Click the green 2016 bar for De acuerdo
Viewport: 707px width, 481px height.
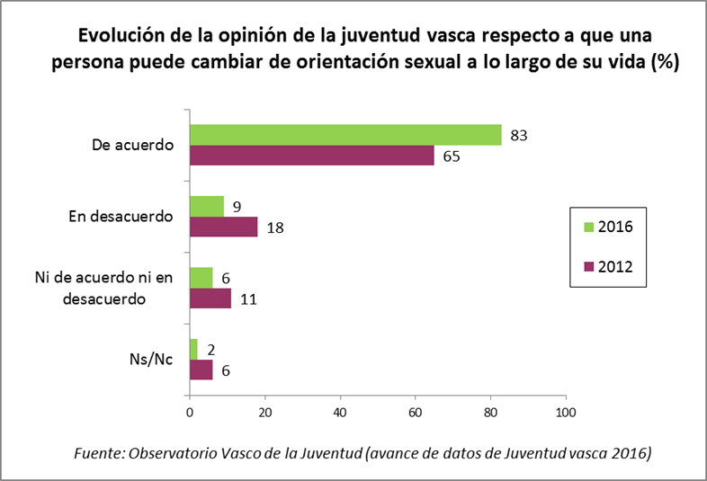tap(345, 134)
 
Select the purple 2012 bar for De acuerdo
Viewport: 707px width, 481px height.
tap(312, 155)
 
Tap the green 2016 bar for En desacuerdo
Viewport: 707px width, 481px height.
tap(206, 206)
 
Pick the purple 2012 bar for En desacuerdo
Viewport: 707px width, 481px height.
tap(223, 227)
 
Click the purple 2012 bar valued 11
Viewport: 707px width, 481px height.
tap(210, 298)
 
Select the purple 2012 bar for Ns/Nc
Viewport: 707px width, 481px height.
tap(201, 370)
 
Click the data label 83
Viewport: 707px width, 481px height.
tap(517, 136)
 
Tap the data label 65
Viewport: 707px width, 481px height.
tap(451, 156)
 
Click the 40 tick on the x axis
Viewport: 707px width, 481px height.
tap(340, 413)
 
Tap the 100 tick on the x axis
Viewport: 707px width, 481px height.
tap(565, 413)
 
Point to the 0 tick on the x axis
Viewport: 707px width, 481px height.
tap(190, 413)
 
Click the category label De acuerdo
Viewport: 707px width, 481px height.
tap(132, 145)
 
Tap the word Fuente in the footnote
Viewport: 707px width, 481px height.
tap(96, 453)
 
